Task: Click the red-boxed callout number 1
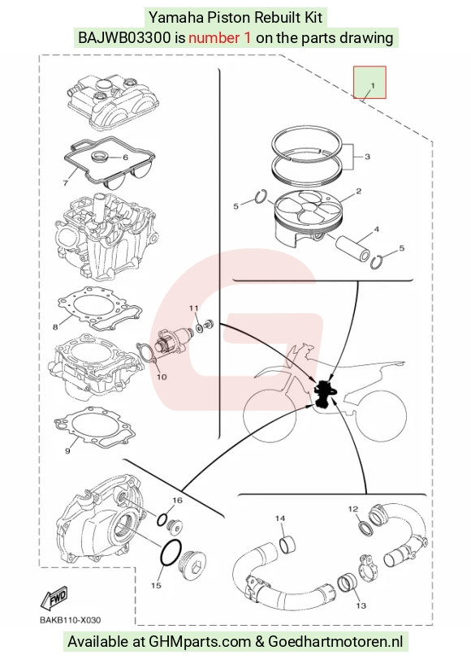coord(372,86)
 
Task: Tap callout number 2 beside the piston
coord(358,192)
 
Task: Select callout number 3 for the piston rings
coord(367,157)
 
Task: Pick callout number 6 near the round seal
coord(125,157)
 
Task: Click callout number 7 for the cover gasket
coord(66,183)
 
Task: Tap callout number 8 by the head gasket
coord(55,327)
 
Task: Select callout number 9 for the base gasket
coord(67,451)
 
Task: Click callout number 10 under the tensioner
coord(162,377)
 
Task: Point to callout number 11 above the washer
coord(193,308)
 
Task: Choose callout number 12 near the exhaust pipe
coord(353,510)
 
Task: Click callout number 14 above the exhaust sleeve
coord(280,519)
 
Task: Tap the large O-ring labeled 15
coord(171,553)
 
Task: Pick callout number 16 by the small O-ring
coord(177,500)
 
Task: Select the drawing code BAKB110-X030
coord(70,620)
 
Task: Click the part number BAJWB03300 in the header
coord(124,38)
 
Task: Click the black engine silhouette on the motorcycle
coord(325,394)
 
